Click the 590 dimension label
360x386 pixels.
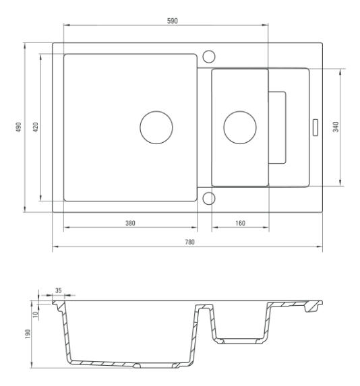coord(172,21)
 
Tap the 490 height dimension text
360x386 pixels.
coord(19,127)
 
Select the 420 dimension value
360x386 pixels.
coord(36,127)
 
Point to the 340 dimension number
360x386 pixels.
coord(336,127)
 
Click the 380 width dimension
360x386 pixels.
coord(130,223)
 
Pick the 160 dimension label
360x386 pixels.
coord(240,223)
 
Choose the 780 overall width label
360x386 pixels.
coord(189,242)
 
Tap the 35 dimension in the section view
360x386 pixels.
coord(59,290)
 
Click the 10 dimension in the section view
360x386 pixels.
coord(36,315)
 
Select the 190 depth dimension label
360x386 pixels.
coord(28,334)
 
